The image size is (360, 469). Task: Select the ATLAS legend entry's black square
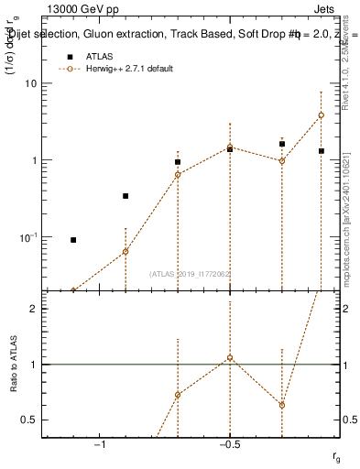tap(68, 57)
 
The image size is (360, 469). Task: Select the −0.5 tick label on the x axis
tap(229, 443)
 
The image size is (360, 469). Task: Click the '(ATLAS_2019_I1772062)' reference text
tap(191, 274)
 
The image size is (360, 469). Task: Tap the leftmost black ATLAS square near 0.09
tap(73, 240)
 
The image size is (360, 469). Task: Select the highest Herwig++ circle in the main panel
tap(321, 115)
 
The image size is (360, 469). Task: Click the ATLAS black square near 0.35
tap(125, 196)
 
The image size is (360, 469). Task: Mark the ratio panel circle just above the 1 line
tap(230, 357)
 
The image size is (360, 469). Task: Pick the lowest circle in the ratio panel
tap(282, 405)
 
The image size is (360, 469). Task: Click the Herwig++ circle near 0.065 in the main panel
tap(125, 251)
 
